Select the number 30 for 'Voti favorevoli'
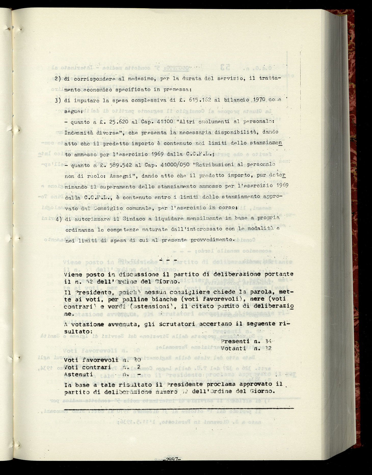click(137, 360)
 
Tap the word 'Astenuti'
click(78, 374)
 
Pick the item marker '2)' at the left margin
click(58, 79)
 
